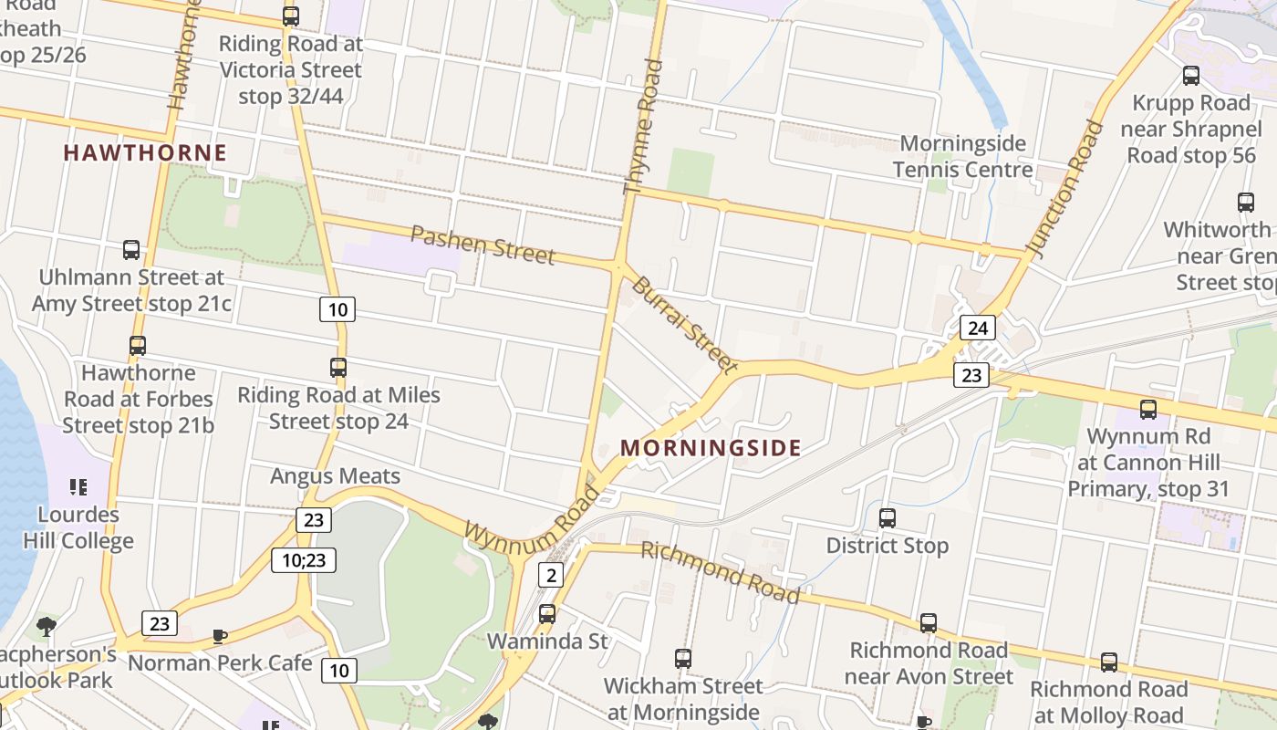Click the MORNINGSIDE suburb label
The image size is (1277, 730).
tap(711, 448)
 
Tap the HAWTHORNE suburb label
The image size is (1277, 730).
tap(145, 152)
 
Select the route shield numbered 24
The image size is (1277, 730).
tap(977, 328)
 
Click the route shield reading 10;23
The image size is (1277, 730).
tap(304, 559)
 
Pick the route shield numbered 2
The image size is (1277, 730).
tap(550, 574)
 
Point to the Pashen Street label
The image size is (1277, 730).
tap(483, 245)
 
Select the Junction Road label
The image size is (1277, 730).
tap(1064, 185)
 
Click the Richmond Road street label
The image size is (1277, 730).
tap(721, 572)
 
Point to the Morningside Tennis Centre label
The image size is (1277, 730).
tap(962, 156)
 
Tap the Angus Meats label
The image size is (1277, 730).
tap(335, 475)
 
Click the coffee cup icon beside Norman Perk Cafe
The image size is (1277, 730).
tap(219, 636)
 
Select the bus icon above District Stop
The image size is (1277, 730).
tap(888, 518)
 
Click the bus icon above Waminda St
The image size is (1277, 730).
tap(547, 614)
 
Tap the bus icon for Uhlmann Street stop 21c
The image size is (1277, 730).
tap(131, 250)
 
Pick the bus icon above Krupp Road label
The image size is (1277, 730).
tap(1191, 76)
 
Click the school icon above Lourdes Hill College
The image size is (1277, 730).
tap(78, 487)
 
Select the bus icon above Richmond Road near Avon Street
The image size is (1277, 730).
tap(929, 623)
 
